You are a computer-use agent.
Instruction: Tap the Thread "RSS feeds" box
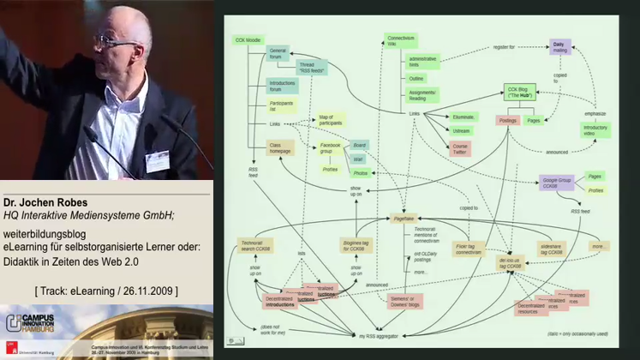(312, 66)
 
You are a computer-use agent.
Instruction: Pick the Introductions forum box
(282, 86)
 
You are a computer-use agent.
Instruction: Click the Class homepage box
(279, 147)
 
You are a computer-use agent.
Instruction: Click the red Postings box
(507, 121)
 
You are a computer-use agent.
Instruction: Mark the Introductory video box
(595, 130)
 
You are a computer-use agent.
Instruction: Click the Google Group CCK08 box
(556, 183)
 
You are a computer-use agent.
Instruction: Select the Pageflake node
(403, 219)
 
